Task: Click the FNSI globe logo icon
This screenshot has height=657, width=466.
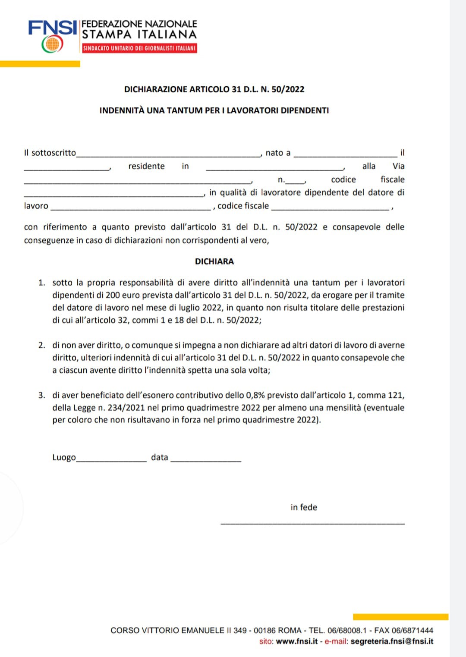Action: [52, 44]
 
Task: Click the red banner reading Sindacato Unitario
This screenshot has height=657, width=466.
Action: [139, 48]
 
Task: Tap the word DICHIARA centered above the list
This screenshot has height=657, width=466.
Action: [214, 261]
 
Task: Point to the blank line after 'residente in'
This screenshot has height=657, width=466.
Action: [274, 168]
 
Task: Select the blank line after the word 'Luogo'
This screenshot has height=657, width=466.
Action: [111, 459]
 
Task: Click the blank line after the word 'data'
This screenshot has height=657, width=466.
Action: [206, 459]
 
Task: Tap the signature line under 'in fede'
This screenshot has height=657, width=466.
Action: [312, 523]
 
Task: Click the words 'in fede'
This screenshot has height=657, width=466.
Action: [304, 507]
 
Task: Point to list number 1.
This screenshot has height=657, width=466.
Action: [41, 283]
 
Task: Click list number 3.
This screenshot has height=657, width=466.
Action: [41, 395]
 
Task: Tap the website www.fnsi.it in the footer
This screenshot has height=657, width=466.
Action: [297, 641]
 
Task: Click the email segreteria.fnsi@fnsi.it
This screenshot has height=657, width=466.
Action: [392, 641]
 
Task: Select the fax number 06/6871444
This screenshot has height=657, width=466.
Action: [412, 630]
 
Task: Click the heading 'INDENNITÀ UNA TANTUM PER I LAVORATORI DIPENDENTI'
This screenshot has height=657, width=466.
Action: [214, 110]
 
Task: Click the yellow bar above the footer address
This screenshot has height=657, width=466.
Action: [400, 617]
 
